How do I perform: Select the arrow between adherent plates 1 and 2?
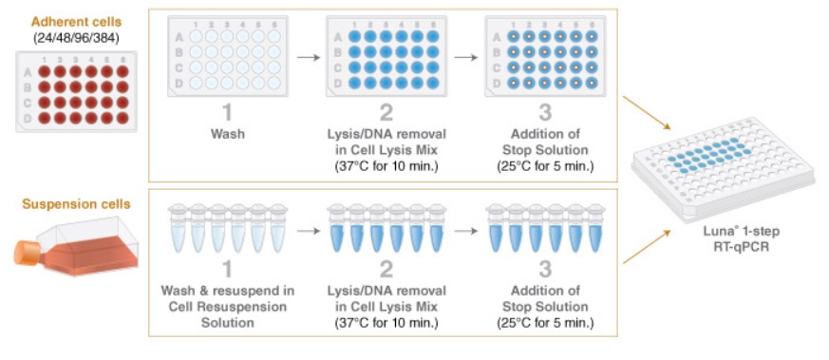point(307,57)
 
